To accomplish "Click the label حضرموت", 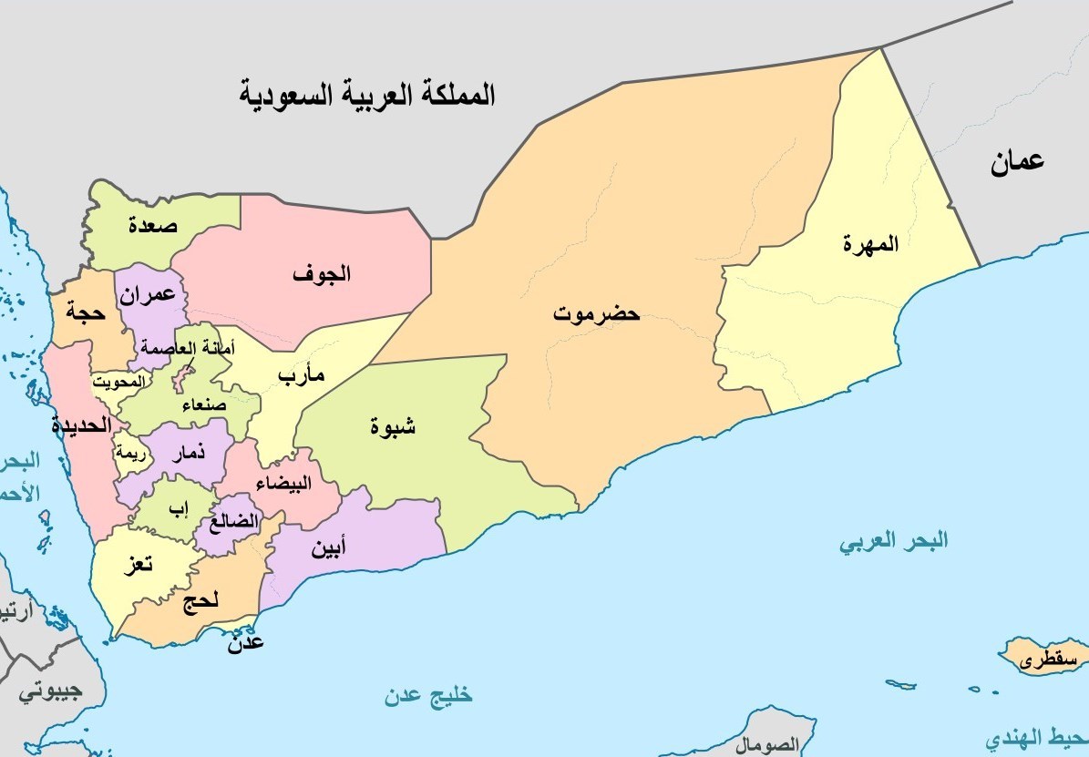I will (x=597, y=314).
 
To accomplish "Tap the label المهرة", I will (x=870, y=244).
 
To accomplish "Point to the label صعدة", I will (x=153, y=224).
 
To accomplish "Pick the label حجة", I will (x=86, y=312).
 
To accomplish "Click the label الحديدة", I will (x=81, y=425).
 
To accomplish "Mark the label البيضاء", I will (x=283, y=483).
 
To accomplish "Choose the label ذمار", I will (x=188, y=453).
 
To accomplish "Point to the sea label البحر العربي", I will (x=893, y=542).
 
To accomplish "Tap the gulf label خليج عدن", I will (x=427, y=697).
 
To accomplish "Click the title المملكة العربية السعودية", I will (x=367, y=94).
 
